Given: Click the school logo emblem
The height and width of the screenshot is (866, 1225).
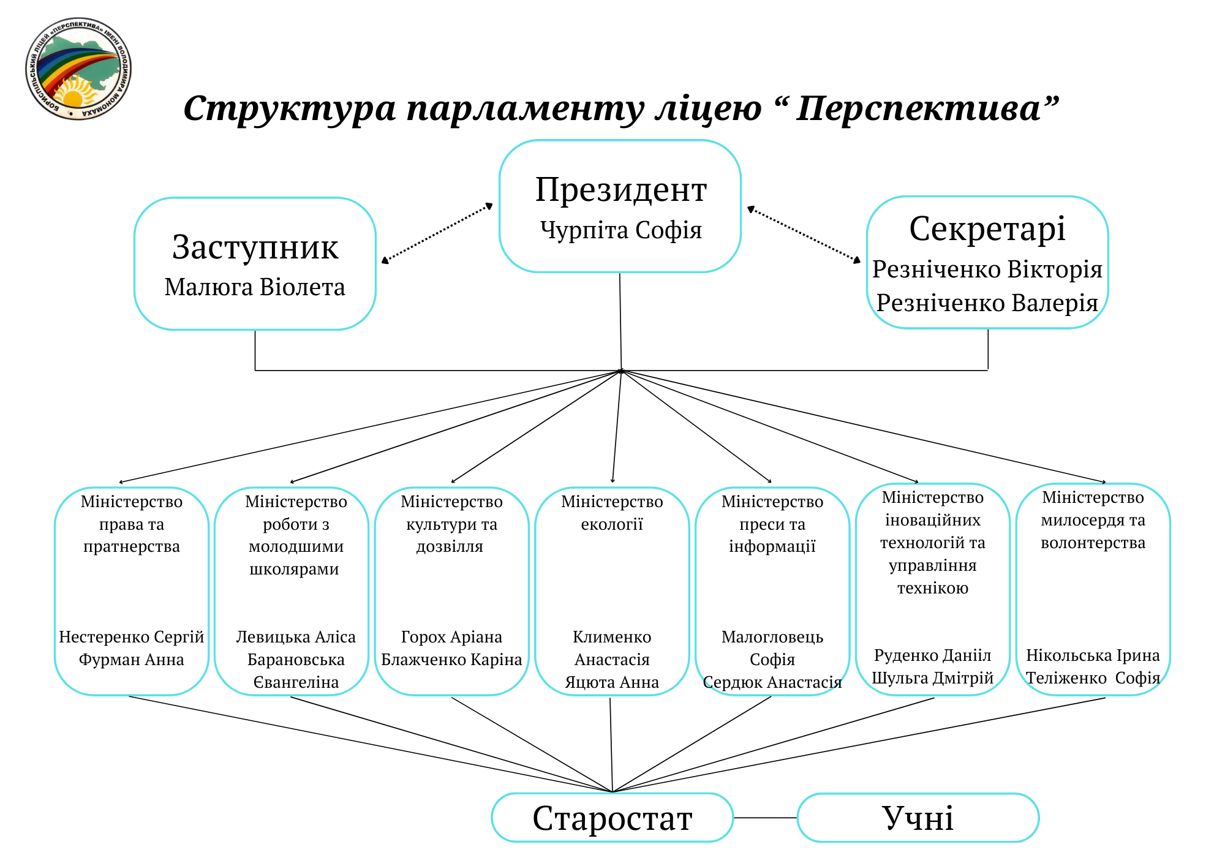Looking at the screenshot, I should (78, 69).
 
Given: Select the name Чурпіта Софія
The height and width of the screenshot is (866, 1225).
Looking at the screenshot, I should (620, 230).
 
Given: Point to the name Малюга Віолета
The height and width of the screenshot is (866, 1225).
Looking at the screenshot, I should (255, 287).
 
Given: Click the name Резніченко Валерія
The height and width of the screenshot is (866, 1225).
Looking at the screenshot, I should (987, 303).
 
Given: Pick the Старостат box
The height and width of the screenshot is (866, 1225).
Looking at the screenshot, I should (612, 818).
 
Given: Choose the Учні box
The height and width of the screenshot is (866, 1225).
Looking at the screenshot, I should (918, 818).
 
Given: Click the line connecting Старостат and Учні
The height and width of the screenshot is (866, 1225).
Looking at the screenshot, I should (766, 818).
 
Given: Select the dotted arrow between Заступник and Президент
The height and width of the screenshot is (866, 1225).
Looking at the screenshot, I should (437, 233).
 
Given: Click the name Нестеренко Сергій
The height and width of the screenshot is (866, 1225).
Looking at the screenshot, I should (131, 637).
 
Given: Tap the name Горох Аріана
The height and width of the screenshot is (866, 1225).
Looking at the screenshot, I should (451, 637).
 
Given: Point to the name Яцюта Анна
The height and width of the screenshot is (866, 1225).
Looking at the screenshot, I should (612, 682).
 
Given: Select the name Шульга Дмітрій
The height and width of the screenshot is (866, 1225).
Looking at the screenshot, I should (932, 677).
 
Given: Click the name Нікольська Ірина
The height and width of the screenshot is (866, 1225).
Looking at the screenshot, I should (1093, 655).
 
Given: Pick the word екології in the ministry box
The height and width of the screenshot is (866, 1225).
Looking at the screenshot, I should (612, 524).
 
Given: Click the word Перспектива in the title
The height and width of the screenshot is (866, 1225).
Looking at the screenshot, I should (918, 109).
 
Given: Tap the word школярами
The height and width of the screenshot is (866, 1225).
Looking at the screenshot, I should (294, 569).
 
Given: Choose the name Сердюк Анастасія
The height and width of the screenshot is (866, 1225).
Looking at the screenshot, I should (772, 682).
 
